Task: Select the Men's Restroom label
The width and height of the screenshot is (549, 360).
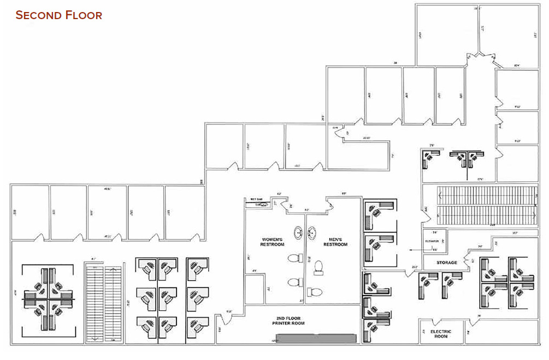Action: coord(335,241)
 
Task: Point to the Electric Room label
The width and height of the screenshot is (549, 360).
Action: coord(440,334)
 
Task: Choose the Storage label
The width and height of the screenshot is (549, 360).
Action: coord(446,263)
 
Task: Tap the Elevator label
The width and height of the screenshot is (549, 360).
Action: coord(433,241)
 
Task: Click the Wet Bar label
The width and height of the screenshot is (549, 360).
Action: coord(257,199)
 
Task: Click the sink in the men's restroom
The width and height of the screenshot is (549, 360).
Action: coord(314,233)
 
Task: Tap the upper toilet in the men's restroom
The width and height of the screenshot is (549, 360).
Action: coord(319,267)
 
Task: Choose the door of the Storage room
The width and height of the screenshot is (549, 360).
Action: coord(468,256)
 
